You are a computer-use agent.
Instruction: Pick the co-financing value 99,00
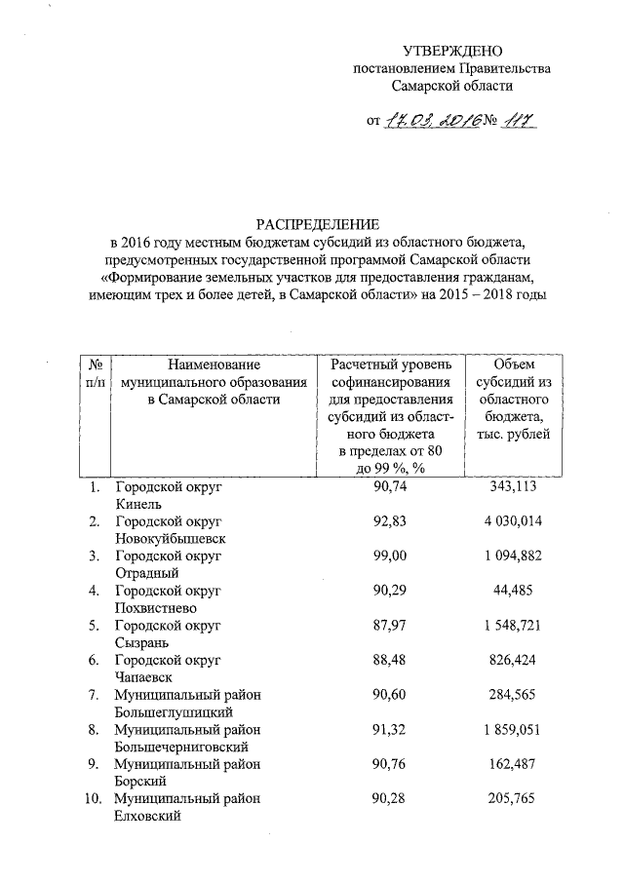(390, 556)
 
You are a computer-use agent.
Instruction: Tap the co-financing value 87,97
(390, 626)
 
